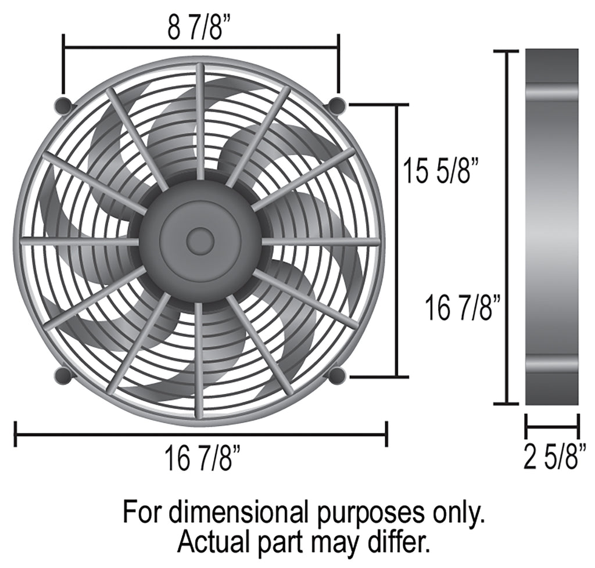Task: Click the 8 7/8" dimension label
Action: tap(195, 28)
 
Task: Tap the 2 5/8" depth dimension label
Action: tap(554, 457)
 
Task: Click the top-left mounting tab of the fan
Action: tap(64, 106)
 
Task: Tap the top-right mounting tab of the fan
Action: tap(337, 106)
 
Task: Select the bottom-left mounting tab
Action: tap(64, 375)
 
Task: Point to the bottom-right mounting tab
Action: tap(337, 375)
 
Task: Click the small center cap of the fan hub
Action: tap(200, 241)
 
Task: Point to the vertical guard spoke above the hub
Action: tap(200, 122)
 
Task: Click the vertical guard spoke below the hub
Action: tap(199, 360)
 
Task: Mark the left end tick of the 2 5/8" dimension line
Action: tap(526, 426)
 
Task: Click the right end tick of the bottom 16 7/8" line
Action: tap(386, 434)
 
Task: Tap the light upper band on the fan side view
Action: tap(552, 92)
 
